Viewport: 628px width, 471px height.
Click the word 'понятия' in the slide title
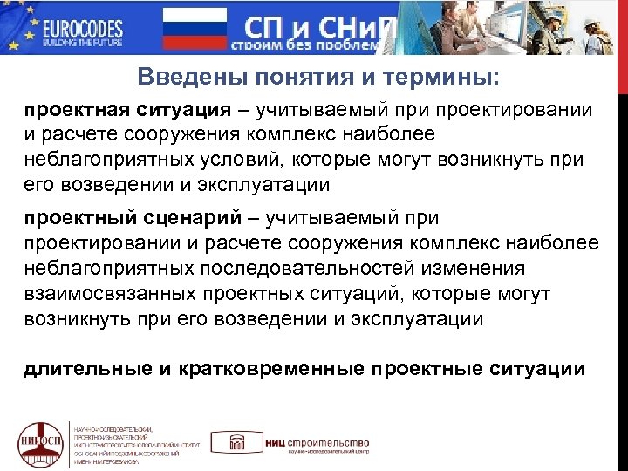tap(290, 78)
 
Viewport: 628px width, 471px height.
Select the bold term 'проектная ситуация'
tap(127, 111)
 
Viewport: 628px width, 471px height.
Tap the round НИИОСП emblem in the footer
tap(39, 442)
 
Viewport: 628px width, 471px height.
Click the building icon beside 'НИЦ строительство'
tap(235, 444)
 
